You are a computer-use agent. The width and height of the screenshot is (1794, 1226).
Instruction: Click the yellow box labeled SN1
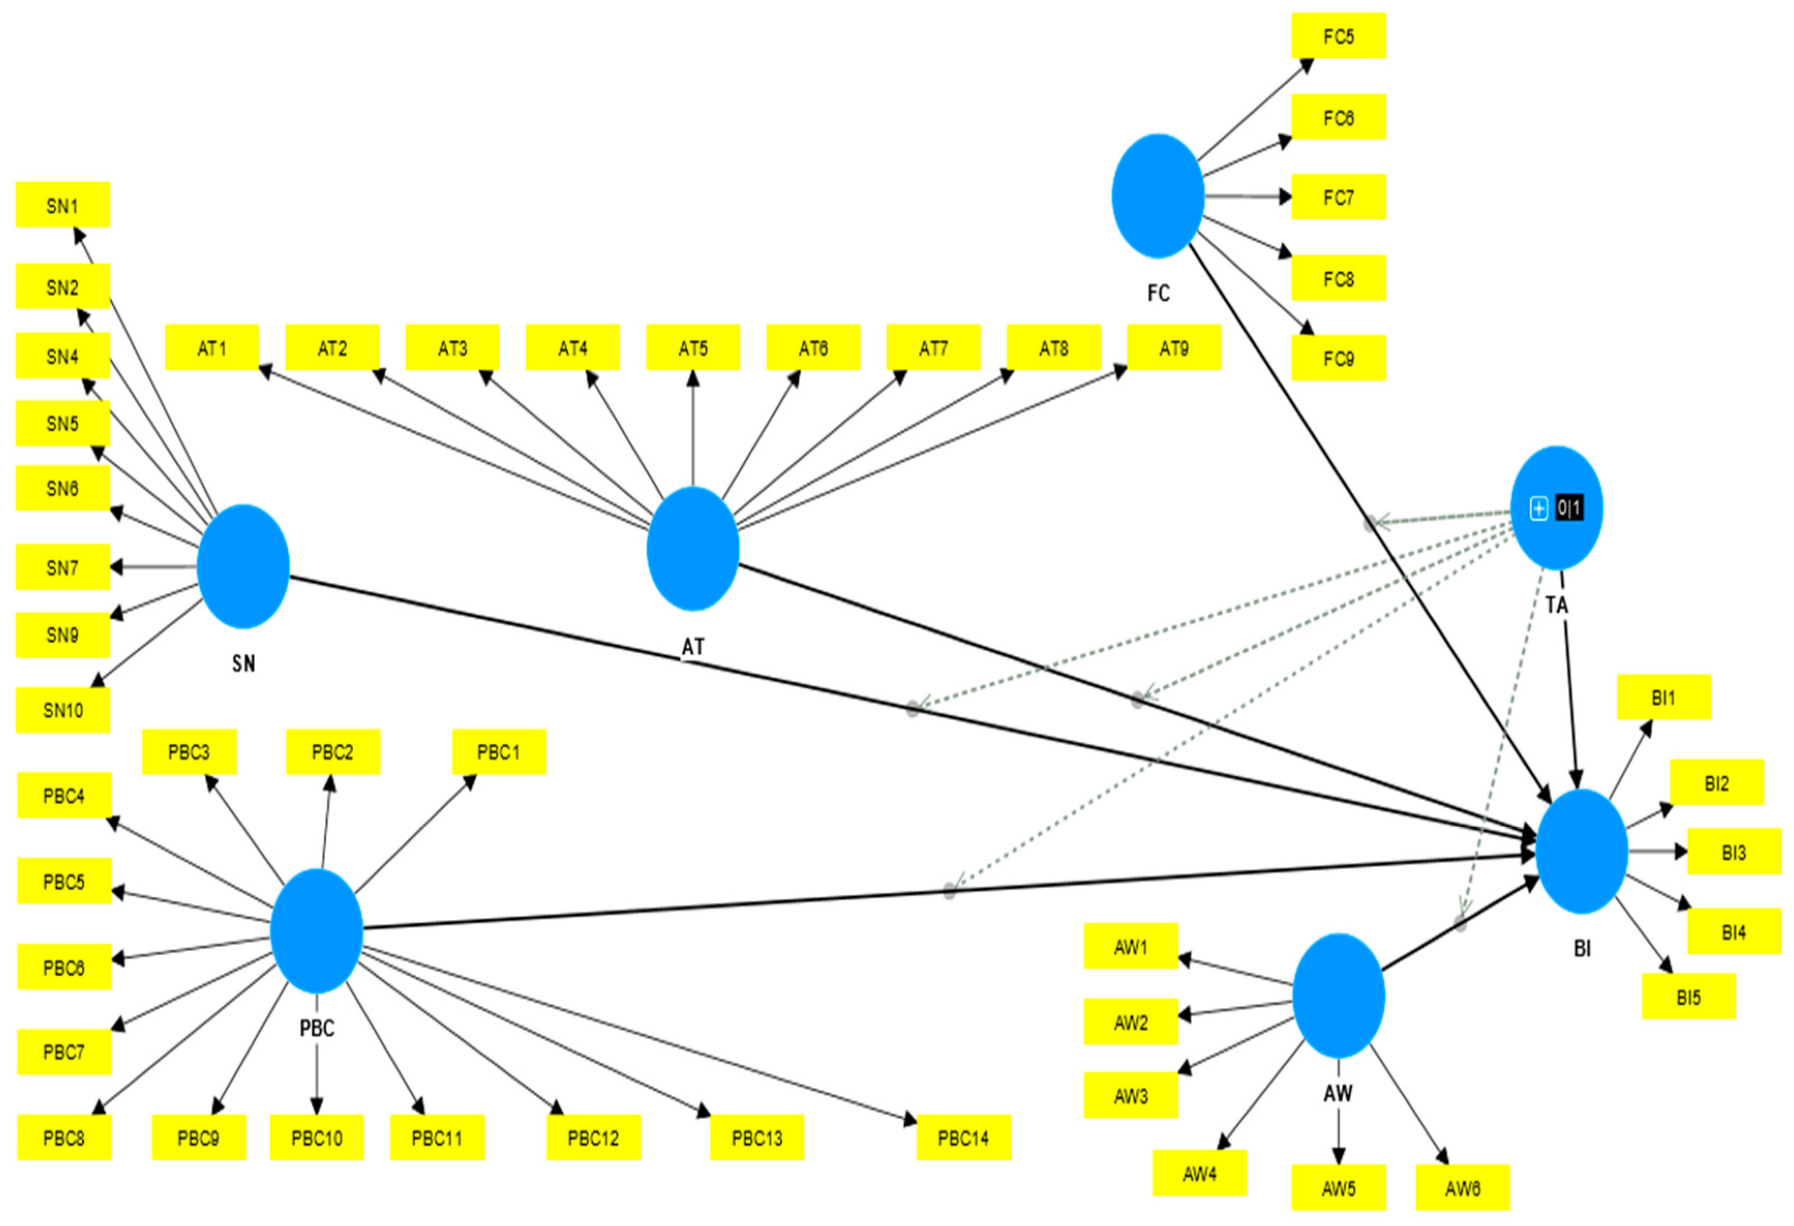click(x=63, y=205)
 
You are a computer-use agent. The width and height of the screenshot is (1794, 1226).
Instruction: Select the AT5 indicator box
click(x=692, y=348)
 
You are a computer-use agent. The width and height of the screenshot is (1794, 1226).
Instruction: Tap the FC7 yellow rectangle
click(x=1338, y=198)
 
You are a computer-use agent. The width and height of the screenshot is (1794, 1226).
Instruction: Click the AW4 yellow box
click(x=1199, y=1173)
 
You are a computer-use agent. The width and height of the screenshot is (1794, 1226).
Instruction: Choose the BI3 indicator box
click(x=1733, y=852)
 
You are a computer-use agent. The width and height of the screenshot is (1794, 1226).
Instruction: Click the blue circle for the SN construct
click(x=243, y=567)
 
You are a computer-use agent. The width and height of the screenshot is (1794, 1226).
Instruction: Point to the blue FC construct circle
click(x=1158, y=196)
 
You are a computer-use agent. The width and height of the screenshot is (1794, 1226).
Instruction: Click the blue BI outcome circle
click(x=1582, y=851)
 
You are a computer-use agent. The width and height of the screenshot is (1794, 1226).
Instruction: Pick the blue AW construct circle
click(x=1338, y=996)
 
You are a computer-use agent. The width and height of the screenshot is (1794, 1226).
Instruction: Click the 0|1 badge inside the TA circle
click(x=1569, y=508)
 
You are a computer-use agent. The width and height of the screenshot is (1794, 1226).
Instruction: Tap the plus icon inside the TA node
click(x=1539, y=508)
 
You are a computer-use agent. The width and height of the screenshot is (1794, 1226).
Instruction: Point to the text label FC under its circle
click(x=1158, y=293)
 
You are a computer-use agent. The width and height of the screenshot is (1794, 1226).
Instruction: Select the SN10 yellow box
click(x=63, y=709)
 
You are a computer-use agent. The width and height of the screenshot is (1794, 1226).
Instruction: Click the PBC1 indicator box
click(x=499, y=752)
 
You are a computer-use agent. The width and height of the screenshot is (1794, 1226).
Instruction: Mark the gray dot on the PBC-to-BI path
click(x=950, y=891)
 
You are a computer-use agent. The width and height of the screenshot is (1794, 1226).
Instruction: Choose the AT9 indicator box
click(x=1174, y=348)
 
